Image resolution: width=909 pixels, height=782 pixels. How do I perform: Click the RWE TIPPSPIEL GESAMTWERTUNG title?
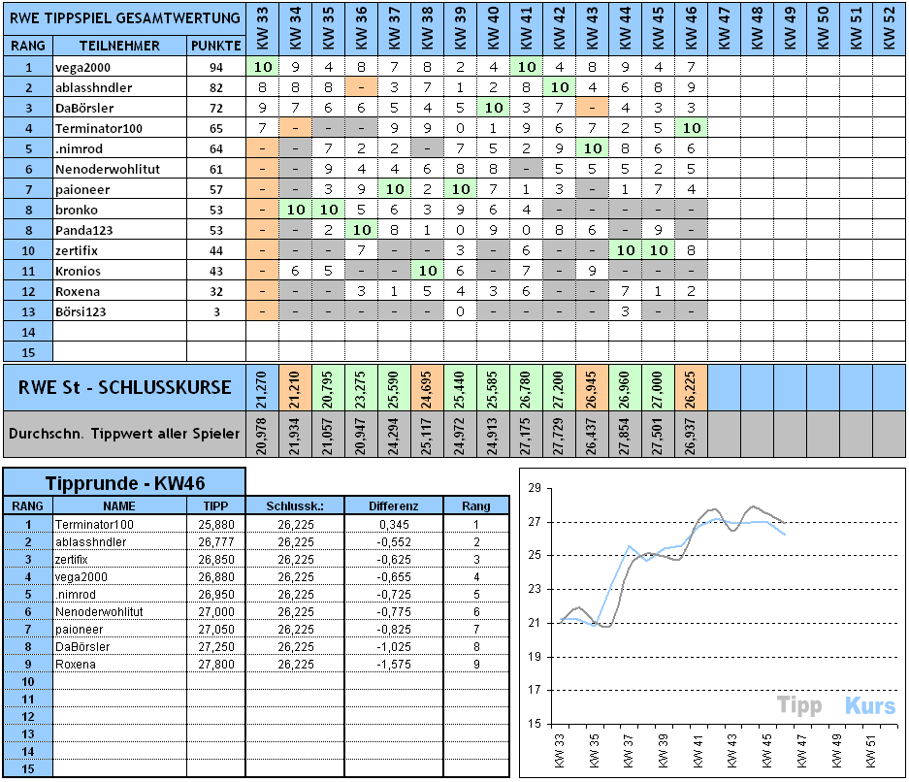coord(123,17)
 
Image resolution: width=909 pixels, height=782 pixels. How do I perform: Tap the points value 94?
coord(215,67)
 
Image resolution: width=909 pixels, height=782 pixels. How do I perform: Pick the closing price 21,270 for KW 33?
coord(262,387)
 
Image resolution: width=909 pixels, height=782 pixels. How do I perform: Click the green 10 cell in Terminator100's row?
coord(691,128)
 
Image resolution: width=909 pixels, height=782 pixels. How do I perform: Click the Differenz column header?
coord(394,505)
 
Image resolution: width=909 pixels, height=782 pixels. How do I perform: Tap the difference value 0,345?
coord(394,524)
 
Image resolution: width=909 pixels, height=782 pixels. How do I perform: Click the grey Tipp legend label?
coord(799,705)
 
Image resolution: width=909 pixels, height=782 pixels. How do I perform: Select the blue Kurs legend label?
coord(869,705)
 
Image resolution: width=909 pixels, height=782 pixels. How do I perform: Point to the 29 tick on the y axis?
coord(533,488)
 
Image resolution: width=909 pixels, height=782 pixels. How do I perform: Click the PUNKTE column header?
coord(216,47)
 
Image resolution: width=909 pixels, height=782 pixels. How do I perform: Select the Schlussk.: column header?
coord(295,505)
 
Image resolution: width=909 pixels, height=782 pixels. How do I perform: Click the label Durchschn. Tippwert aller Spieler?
coord(124,434)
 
